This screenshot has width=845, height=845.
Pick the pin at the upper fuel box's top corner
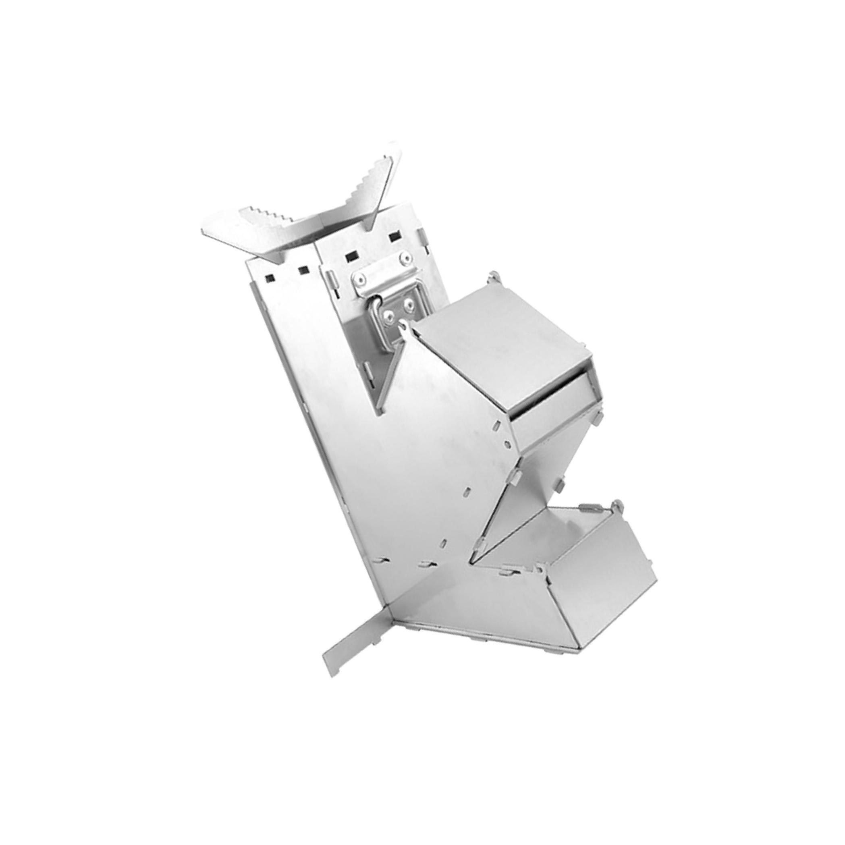tap(493, 276)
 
